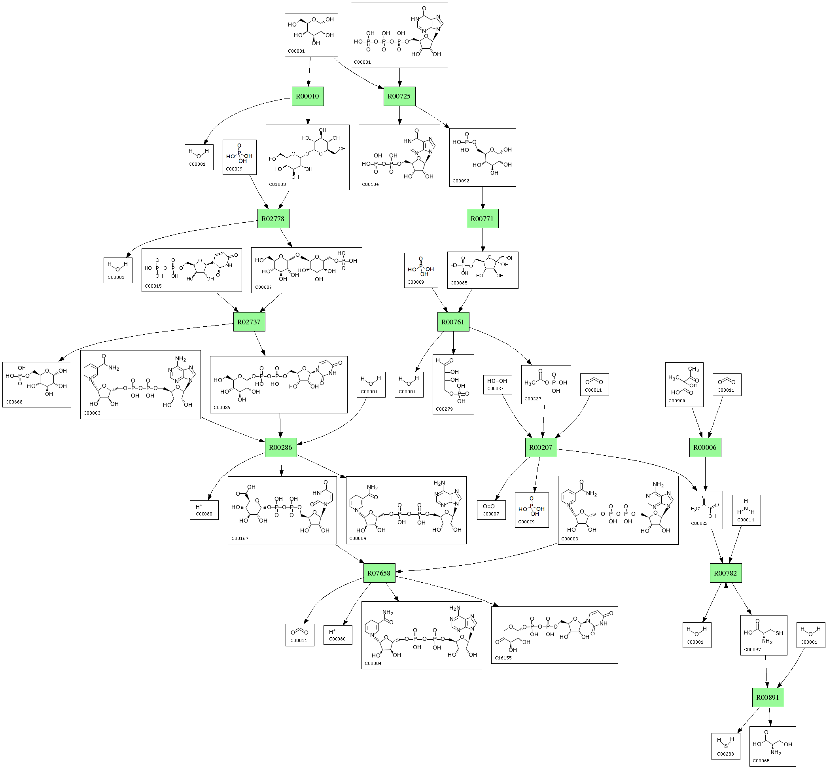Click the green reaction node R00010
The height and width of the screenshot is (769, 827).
(307, 96)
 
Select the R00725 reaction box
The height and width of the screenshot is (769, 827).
(399, 96)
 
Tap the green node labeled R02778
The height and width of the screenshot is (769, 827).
(273, 218)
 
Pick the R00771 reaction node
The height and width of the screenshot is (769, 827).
(482, 218)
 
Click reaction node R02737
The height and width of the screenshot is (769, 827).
(249, 322)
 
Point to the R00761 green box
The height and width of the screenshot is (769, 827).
(452, 322)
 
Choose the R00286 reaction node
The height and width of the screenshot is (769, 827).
(280, 447)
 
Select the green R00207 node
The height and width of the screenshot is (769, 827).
(540, 447)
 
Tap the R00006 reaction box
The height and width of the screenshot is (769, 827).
(705, 447)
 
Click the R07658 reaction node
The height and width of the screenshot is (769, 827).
(378, 573)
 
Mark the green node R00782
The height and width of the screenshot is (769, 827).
(725, 573)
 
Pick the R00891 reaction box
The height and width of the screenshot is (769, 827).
(768, 697)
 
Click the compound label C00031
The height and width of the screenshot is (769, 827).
(296, 51)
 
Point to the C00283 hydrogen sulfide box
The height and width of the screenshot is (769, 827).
(725, 746)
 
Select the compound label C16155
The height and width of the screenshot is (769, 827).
(503, 658)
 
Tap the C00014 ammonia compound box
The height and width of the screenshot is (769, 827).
(746, 510)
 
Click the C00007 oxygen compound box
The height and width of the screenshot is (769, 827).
(491, 510)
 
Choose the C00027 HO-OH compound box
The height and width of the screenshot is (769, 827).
(497, 384)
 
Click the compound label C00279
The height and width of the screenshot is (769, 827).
(444, 409)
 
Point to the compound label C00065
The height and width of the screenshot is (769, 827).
(761, 761)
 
